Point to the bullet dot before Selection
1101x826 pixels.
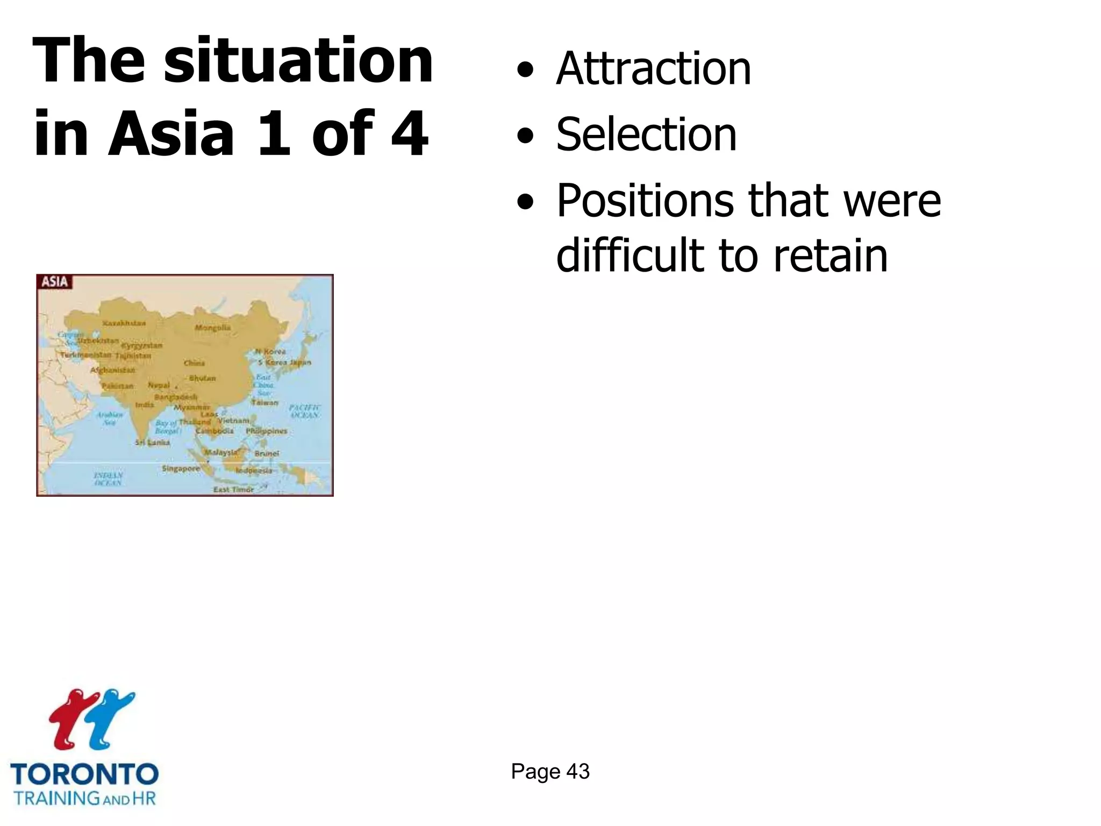point(525,136)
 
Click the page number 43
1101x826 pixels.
point(578,771)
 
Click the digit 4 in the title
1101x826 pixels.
point(410,133)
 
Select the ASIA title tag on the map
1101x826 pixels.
point(55,282)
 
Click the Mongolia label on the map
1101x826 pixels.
point(213,327)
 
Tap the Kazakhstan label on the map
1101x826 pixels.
point(124,323)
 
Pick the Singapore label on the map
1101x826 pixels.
point(181,468)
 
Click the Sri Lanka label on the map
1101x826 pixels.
point(153,443)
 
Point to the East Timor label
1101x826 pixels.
point(233,489)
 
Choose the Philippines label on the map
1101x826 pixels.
point(267,431)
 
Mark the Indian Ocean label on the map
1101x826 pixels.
point(108,479)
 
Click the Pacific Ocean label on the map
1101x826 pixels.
point(305,411)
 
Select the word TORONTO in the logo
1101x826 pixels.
point(84,775)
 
